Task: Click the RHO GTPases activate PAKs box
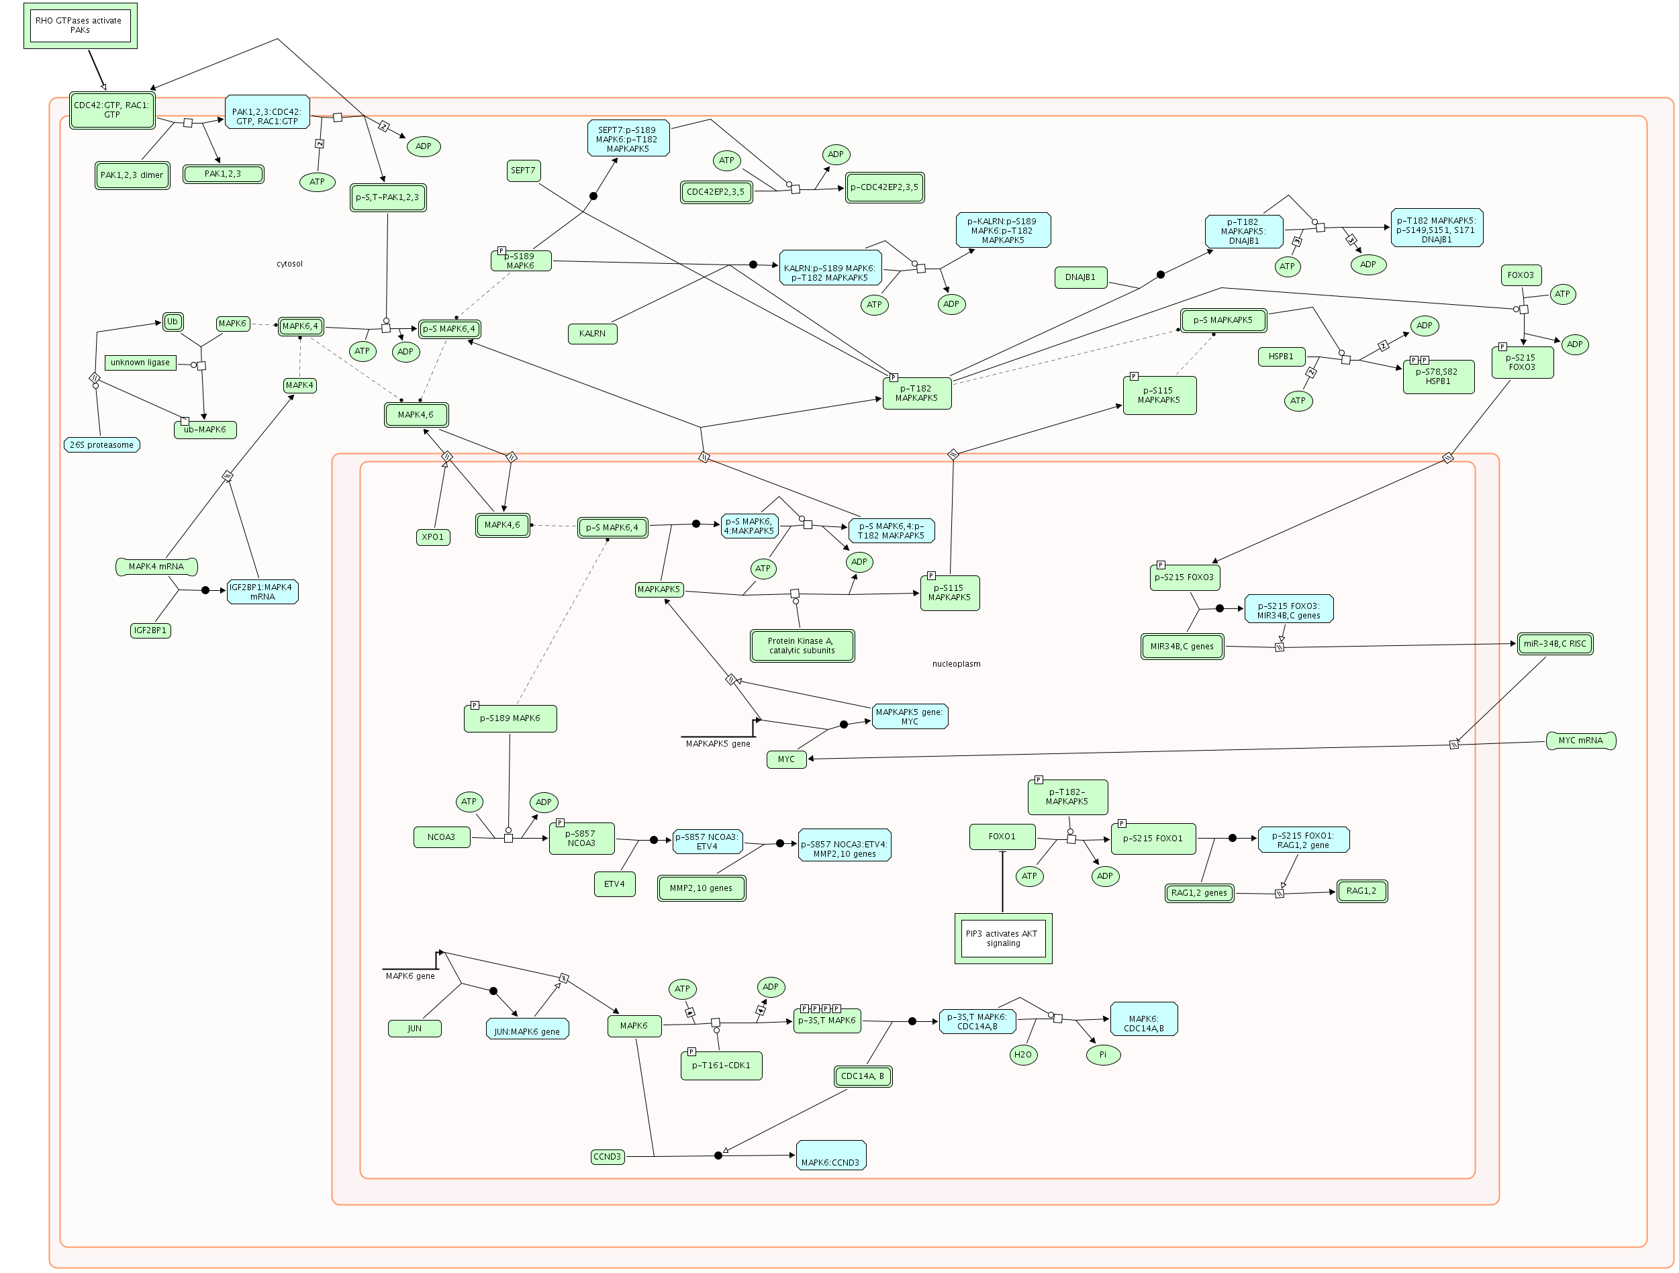pyautogui.click(x=80, y=26)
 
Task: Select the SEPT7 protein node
pyautogui.click(x=523, y=171)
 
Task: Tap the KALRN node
pyautogui.click(x=592, y=334)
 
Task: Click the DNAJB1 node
pyautogui.click(x=1080, y=278)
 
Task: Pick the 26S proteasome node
pyautogui.click(x=102, y=446)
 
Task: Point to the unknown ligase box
pyautogui.click(x=140, y=363)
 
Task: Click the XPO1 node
pyautogui.click(x=432, y=537)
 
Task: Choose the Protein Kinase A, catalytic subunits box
pyautogui.click(x=802, y=646)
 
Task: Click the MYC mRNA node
pyautogui.click(x=1580, y=741)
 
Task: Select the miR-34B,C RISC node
pyautogui.click(x=1555, y=645)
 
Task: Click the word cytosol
pyautogui.click(x=289, y=264)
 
